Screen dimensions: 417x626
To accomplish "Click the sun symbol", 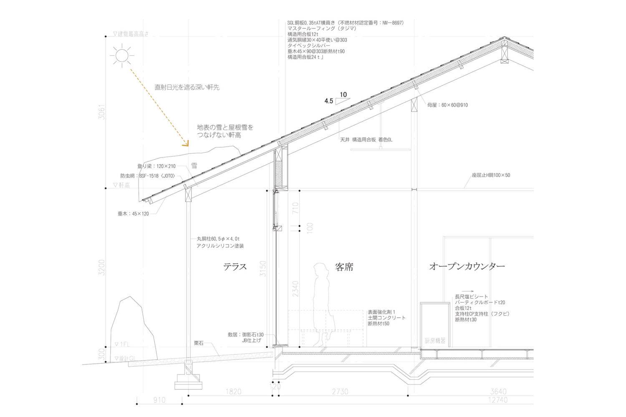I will [122, 55].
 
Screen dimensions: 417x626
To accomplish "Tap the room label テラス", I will [235, 267].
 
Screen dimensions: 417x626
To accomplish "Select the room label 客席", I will [344, 267].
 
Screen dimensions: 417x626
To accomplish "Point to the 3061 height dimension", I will [101, 112].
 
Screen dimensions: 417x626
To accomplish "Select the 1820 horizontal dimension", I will [233, 392].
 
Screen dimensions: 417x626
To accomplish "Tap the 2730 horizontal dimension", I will [340, 392].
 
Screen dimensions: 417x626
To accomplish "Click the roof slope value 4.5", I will [329, 101].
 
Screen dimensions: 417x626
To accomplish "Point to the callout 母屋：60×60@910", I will [447, 105].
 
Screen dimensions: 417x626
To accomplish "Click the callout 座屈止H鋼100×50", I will [491, 175].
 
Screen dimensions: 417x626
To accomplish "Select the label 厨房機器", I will [435, 341].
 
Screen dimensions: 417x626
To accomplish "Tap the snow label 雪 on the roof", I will [194, 166].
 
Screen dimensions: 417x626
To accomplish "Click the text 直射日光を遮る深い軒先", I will [187, 87].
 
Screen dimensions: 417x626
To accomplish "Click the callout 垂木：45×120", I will [133, 214].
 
